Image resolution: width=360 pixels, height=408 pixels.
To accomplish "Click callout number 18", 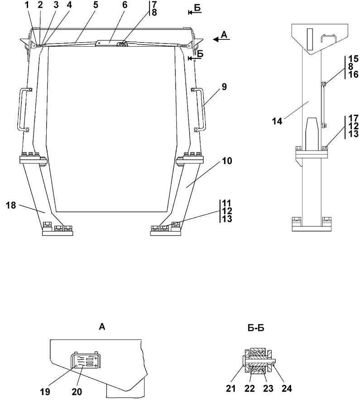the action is [x=11, y=205].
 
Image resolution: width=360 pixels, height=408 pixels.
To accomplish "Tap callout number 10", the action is [x=227, y=161].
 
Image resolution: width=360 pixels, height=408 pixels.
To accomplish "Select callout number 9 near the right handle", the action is [x=224, y=87].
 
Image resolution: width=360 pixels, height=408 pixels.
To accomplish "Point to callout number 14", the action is [x=277, y=121].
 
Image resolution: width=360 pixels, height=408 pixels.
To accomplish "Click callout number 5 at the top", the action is [x=96, y=5].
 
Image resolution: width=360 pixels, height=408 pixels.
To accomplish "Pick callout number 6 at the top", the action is [x=125, y=5].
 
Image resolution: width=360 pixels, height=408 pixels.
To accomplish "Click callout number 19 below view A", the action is [x=45, y=392].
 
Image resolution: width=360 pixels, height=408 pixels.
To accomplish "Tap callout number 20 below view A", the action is [x=77, y=392].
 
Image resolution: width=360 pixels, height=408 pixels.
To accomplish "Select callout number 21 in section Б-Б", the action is [x=230, y=389].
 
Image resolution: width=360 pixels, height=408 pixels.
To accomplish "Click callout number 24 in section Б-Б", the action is [x=287, y=389].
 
